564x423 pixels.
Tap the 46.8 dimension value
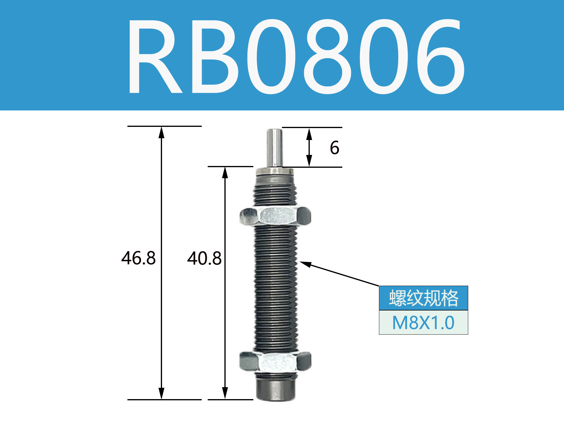(138, 258)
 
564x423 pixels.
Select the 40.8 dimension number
(204, 259)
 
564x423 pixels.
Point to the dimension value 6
(335, 148)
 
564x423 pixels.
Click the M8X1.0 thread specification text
(423, 323)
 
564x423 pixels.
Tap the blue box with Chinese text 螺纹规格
(423, 298)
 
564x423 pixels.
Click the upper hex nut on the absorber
(275, 216)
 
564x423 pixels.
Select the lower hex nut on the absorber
(275, 362)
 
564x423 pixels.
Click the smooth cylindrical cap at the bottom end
(275, 390)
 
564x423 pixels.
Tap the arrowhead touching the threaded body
(305, 264)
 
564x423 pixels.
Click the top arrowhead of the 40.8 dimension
(225, 172)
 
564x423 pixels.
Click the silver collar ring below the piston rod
(275, 171)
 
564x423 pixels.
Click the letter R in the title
(155, 57)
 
